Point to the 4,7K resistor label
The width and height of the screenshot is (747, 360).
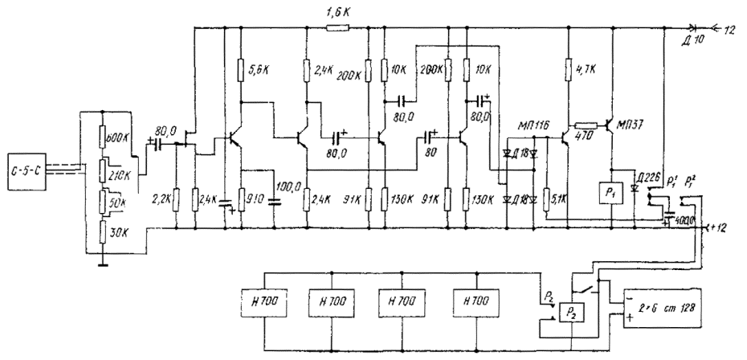tap(587, 70)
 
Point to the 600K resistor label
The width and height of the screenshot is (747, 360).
tap(120, 137)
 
